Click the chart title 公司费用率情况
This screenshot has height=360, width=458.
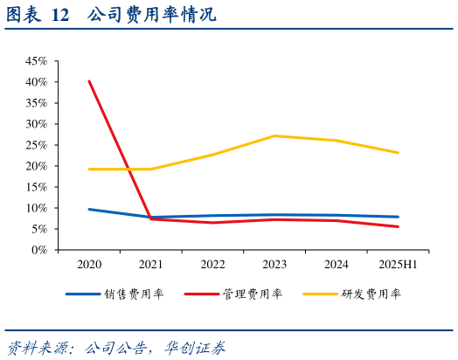(x=152, y=16)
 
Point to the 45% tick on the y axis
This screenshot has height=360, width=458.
(x=36, y=61)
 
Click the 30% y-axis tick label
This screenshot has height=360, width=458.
(x=36, y=124)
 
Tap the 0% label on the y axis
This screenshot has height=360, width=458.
(x=39, y=250)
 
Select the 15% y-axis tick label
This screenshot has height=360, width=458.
(x=36, y=187)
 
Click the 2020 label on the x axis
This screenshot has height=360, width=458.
(x=89, y=264)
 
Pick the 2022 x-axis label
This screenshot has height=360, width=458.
(x=212, y=264)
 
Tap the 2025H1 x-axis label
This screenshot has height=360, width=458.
(x=398, y=264)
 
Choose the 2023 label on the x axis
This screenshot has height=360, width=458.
(x=274, y=264)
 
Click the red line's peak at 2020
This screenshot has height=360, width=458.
(x=89, y=81)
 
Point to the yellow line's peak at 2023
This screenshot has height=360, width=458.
(x=274, y=135)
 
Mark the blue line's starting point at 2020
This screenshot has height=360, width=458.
(x=89, y=209)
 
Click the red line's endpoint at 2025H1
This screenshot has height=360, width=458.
(x=399, y=226)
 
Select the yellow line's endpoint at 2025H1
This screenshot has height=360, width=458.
(x=399, y=153)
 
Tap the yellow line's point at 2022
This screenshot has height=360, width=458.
(x=212, y=155)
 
